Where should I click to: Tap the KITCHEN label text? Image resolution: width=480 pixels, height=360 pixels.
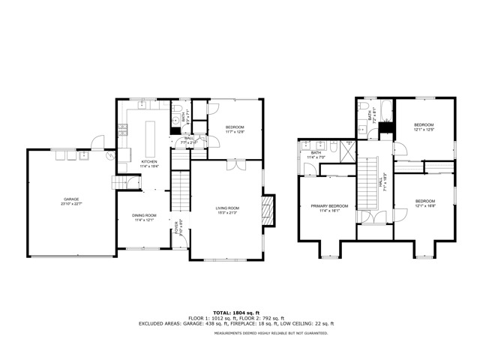(x=149, y=162)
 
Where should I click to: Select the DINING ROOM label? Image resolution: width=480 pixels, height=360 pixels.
(x=144, y=216)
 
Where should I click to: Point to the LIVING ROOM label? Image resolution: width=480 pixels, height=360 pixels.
(x=227, y=208)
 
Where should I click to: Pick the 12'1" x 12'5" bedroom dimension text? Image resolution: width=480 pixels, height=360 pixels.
(x=424, y=129)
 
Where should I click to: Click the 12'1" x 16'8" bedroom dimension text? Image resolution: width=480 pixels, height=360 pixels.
(x=425, y=205)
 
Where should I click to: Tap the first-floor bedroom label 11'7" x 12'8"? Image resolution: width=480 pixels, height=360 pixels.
(x=235, y=132)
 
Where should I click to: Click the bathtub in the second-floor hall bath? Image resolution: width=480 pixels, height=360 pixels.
(x=385, y=113)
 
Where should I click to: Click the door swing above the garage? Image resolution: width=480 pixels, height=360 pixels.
(x=97, y=141)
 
